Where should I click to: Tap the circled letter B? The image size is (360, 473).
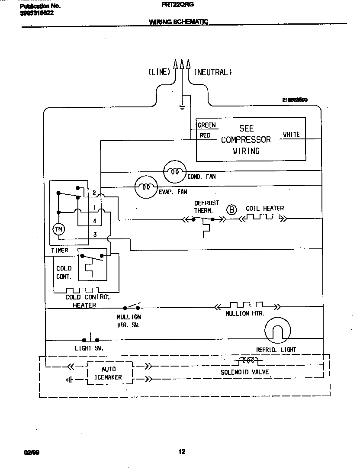pyautogui.click(x=232, y=210)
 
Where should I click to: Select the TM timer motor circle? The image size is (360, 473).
pyautogui.click(x=58, y=229)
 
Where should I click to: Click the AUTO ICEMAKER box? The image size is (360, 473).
pyautogui.click(x=109, y=373)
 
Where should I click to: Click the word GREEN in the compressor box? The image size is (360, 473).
pyautogui.click(x=206, y=125)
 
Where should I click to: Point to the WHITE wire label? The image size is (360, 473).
pyautogui.click(x=291, y=135)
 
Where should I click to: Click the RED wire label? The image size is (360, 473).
pyautogui.click(x=205, y=135)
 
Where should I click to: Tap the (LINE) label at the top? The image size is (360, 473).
pyautogui.click(x=159, y=72)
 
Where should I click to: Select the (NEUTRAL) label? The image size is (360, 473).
pyautogui.click(x=212, y=72)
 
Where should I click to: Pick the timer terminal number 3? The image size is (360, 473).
pyautogui.click(x=94, y=234)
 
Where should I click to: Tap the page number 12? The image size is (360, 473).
pyautogui.click(x=182, y=452)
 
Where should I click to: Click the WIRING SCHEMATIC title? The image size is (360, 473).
pyautogui.click(x=178, y=22)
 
